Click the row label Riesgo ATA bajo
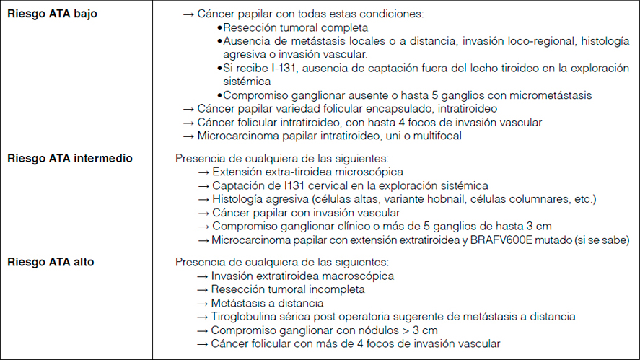tap(51, 14)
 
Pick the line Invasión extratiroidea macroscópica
tap(303, 276)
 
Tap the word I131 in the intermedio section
tap(282, 185)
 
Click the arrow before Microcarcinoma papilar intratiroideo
tap(189, 136)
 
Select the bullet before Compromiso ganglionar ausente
tap(219, 96)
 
